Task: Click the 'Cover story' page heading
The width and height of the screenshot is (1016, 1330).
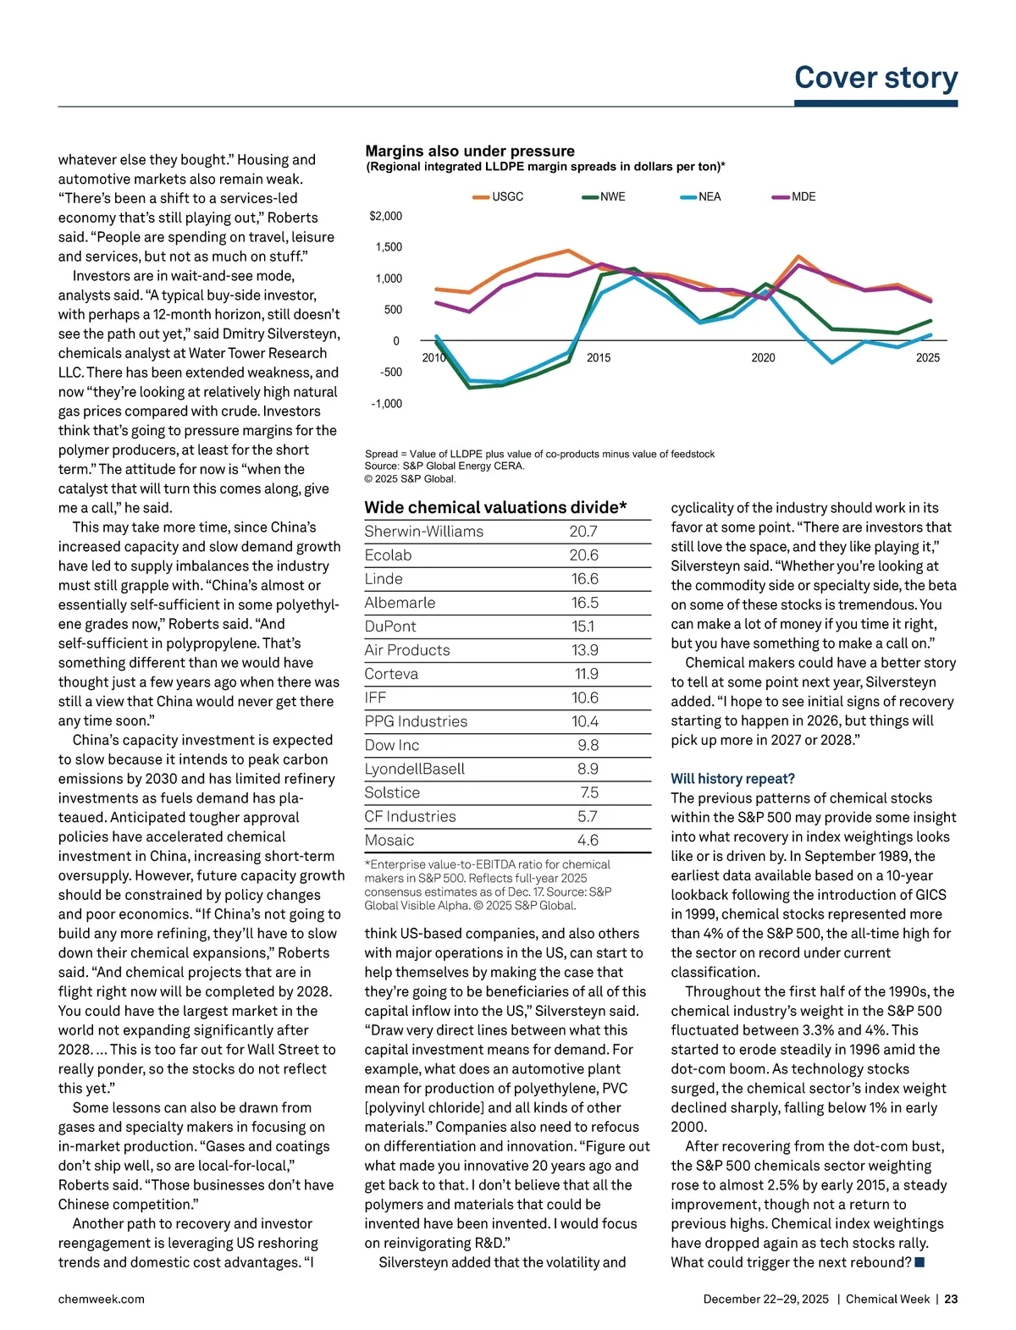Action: (875, 78)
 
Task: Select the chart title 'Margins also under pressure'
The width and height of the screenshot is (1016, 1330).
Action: (470, 151)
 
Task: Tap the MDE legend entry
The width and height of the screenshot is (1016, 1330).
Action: (803, 196)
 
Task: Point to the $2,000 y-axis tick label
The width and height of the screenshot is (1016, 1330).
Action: (386, 216)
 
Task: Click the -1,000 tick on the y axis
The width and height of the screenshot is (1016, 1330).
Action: (386, 404)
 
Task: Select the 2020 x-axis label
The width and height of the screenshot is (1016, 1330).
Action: (763, 358)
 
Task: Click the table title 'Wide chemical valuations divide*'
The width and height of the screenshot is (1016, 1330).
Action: (495, 507)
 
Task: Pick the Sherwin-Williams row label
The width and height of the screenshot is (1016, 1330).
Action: (423, 532)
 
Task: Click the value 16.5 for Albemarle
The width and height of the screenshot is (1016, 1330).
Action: (584, 603)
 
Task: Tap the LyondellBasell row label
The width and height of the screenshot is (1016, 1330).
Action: (414, 769)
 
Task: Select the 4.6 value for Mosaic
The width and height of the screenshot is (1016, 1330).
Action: (588, 840)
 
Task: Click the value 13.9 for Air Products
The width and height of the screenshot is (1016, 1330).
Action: (584, 650)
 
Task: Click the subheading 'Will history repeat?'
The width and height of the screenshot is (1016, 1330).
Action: (732, 779)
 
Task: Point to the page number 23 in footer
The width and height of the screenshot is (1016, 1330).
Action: (951, 1299)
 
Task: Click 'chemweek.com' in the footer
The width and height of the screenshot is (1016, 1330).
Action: (101, 1299)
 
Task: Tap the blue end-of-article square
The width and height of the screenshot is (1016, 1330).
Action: (919, 1262)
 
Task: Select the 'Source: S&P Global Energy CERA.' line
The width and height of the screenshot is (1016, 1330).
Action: (444, 466)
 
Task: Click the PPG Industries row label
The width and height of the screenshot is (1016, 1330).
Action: (416, 721)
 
